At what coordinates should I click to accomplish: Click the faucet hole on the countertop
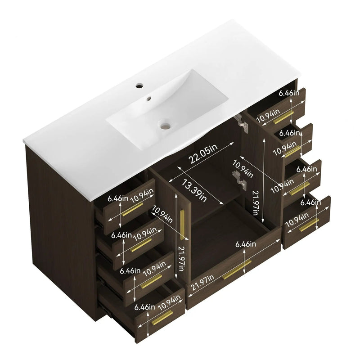click(x=139, y=86)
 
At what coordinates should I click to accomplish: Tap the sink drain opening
click(x=165, y=126)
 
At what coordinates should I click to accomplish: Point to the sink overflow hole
click(x=149, y=99)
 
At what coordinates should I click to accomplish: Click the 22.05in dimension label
click(x=203, y=154)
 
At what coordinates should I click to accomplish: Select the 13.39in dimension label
click(x=194, y=190)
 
